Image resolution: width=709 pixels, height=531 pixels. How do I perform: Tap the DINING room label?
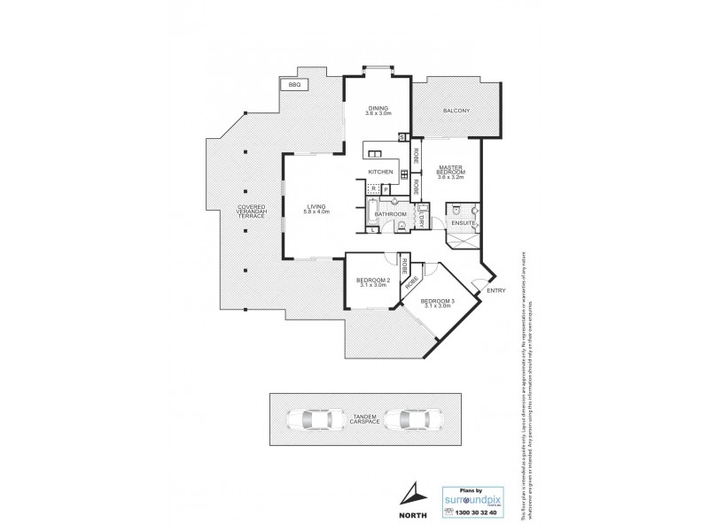tap(379, 111)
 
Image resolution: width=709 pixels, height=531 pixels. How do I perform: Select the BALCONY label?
tap(456, 110)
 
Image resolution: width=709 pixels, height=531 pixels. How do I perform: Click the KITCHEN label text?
tap(380, 172)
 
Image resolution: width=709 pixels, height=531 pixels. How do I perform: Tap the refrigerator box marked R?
tap(373, 189)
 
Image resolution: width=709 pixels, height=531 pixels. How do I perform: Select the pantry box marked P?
tap(386, 189)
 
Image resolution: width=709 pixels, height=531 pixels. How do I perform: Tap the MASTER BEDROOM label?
tap(453, 172)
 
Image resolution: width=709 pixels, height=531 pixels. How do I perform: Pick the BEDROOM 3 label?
tap(437, 305)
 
